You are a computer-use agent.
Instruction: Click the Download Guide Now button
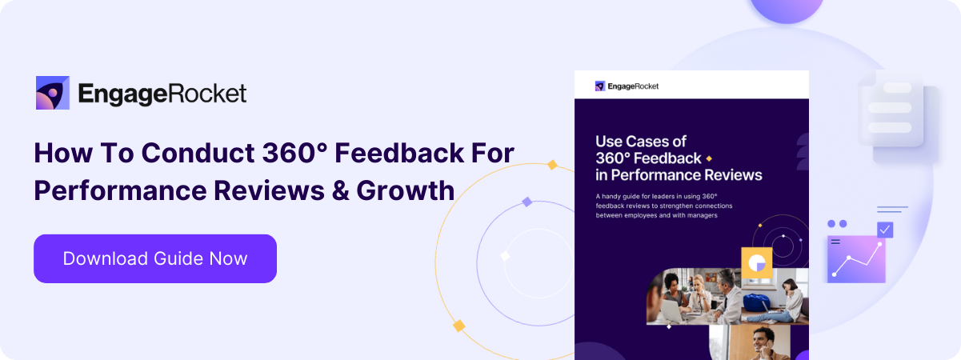(155, 258)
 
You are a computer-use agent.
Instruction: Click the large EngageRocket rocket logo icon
(52, 94)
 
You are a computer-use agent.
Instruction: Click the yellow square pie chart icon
(756, 263)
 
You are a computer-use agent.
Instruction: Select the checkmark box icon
(884, 230)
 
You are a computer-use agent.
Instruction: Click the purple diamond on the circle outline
(527, 202)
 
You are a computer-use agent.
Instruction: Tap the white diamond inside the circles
(505, 256)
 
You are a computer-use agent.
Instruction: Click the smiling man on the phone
(759, 341)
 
